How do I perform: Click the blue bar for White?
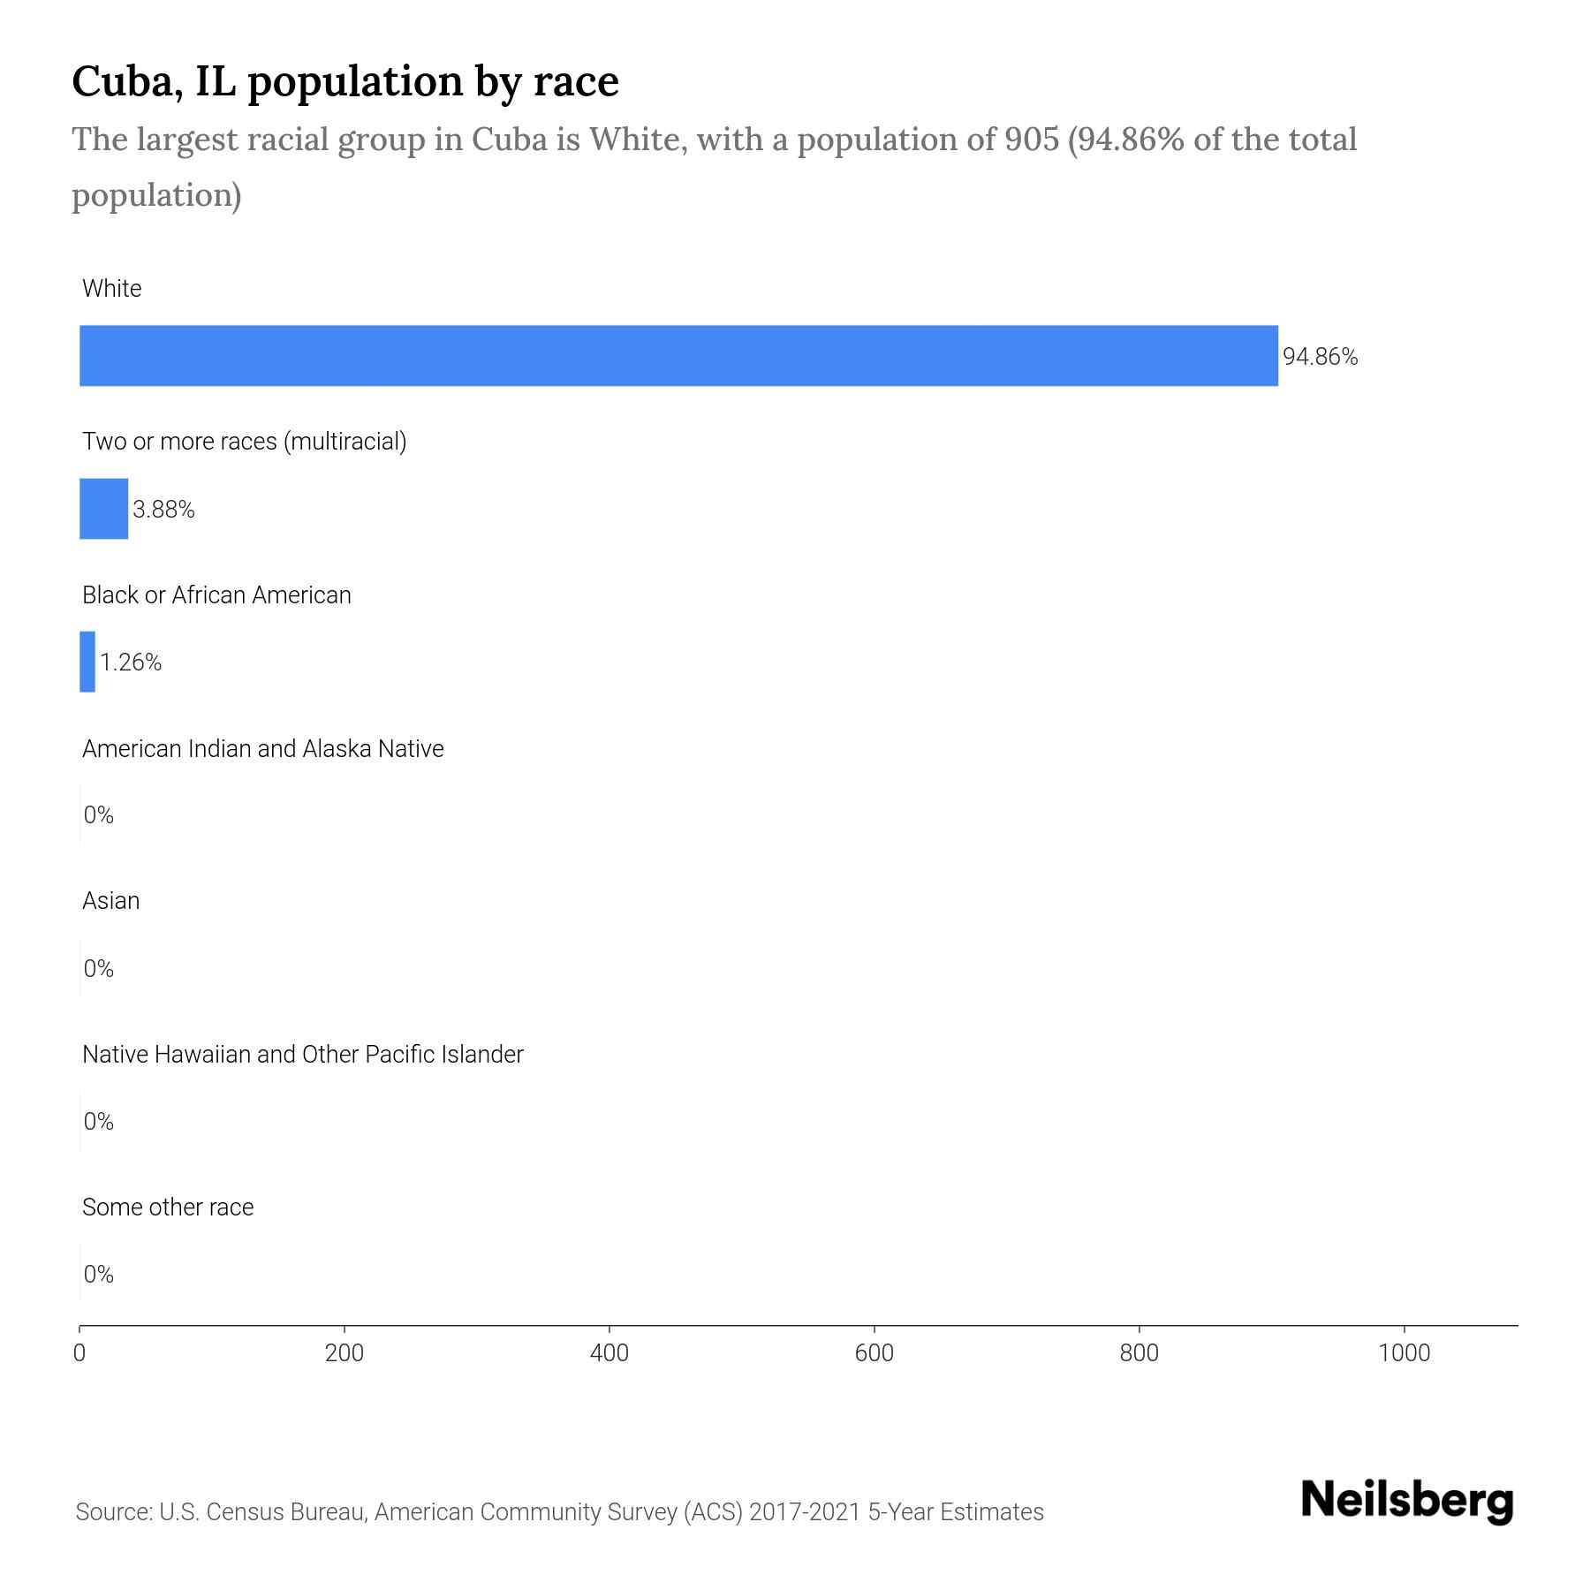[x=678, y=356]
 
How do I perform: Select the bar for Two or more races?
[x=104, y=509]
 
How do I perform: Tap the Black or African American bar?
[x=87, y=662]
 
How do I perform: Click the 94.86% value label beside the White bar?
[x=1320, y=357]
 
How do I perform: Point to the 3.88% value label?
[x=163, y=510]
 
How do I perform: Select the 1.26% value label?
[x=131, y=662]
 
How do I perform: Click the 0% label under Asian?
[x=99, y=969]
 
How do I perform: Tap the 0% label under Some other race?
[x=99, y=1274]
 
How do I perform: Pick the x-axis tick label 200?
[x=344, y=1353]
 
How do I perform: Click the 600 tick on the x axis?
[x=874, y=1353]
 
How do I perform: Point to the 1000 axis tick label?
[x=1404, y=1353]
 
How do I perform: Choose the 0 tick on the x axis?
[x=79, y=1353]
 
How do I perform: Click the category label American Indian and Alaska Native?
[x=263, y=749]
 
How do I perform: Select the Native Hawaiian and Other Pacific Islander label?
[x=303, y=1055]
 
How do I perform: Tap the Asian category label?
[x=111, y=901]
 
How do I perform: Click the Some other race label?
[x=168, y=1208]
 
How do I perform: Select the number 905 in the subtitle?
[x=1031, y=140]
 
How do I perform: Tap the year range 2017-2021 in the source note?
[x=804, y=1512]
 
